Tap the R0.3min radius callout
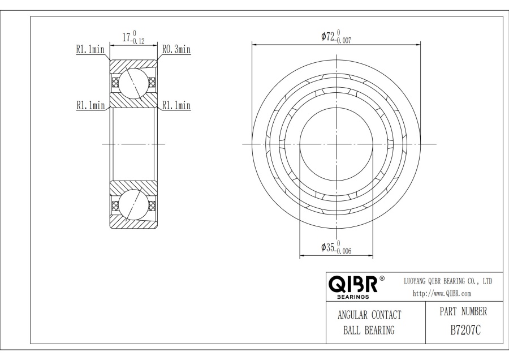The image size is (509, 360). (176, 49)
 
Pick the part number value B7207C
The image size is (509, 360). (465, 331)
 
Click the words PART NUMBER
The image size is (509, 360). (463, 311)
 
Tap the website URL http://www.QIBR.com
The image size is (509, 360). (442, 294)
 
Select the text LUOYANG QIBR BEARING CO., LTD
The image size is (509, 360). (448, 281)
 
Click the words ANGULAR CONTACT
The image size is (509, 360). (369, 315)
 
